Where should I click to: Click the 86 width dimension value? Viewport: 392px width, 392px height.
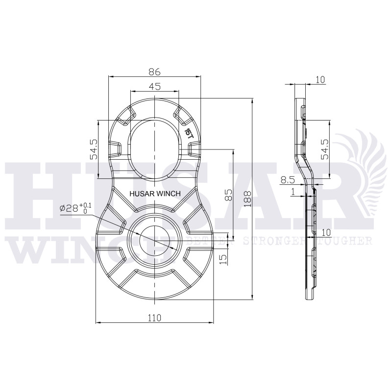(x=154, y=72)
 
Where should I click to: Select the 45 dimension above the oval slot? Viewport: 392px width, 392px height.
(x=154, y=87)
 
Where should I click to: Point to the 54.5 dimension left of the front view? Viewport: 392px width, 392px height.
(x=94, y=149)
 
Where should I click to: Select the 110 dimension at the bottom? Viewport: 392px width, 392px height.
(x=154, y=318)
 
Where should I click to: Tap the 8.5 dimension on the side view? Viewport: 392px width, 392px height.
(x=288, y=180)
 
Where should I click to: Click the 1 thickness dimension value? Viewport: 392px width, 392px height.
(x=293, y=193)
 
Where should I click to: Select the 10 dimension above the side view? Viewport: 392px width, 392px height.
(x=321, y=80)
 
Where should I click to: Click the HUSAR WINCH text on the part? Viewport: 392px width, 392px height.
(x=154, y=194)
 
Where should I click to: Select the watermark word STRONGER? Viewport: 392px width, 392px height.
(x=277, y=241)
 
